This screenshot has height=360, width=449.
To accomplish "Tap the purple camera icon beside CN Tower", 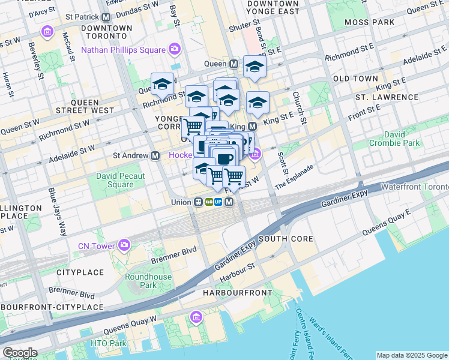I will pyautogui.click(x=124, y=245).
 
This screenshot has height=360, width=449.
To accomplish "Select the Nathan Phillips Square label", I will pyautogui.click(x=124, y=49).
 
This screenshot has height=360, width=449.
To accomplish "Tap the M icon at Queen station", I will pyautogui.click(x=234, y=64).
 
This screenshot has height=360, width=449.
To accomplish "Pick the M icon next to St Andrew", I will pyautogui.click(x=155, y=155).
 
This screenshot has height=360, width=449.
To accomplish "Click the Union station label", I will pyautogui.click(x=180, y=202).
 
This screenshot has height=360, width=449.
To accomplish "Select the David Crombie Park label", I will pyautogui.click(x=403, y=139).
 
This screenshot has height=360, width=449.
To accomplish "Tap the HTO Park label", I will pyautogui.click(x=109, y=343).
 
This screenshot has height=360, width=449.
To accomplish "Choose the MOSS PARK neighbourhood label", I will pyautogui.click(x=370, y=22).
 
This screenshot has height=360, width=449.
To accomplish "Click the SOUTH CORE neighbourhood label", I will pyautogui.click(x=286, y=239).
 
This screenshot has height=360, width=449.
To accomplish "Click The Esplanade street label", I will pyautogui.click(x=294, y=178).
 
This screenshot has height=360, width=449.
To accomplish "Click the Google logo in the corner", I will pyautogui.click(x=20, y=353).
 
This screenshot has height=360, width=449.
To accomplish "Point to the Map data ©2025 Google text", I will pyautogui.click(x=411, y=355).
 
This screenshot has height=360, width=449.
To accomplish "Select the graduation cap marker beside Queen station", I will pyautogui.click(x=255, y=67).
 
